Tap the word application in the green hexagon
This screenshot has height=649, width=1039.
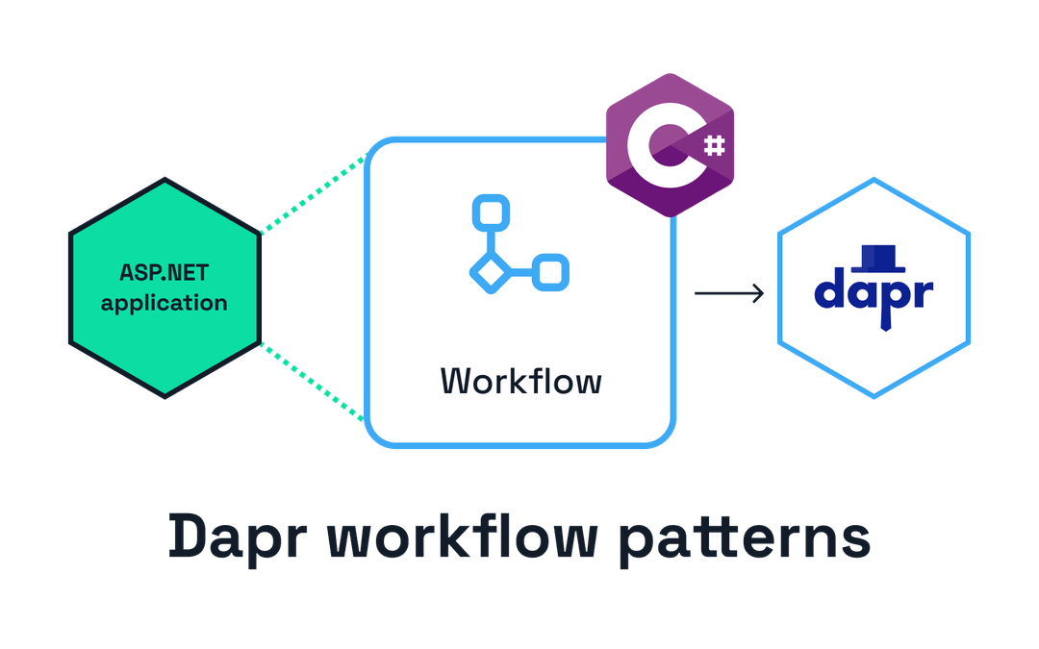[164, 303]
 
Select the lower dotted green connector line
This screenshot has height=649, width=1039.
[313, 383]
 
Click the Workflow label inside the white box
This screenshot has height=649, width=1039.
[520, 381]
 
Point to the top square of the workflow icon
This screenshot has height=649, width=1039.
[488, 212]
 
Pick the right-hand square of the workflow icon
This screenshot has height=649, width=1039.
[550, 273]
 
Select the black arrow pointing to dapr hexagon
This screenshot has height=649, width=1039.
[729, 293]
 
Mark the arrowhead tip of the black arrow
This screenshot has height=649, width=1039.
[765, 293]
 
